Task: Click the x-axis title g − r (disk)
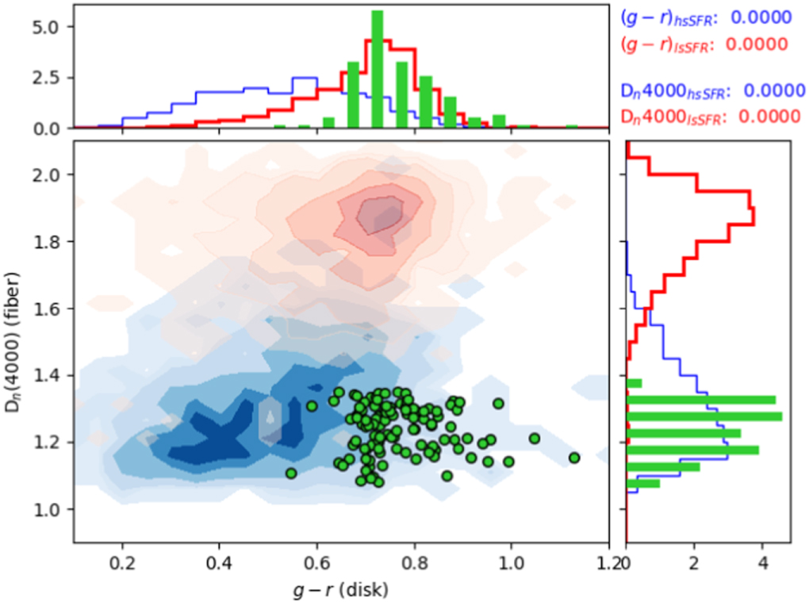pyautogui.click(x=341, y=589)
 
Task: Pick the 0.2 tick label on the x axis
pyautogui.click(x=122, y=561)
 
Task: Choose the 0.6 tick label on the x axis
pyautogui.click(x=317, y=561)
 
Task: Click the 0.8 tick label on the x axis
pyautogui.click(x=414, y=561)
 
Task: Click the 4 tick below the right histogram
pyautogui.click(x=763, y=561)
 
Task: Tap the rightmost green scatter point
pyautogui.click(x=574, y=458)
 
